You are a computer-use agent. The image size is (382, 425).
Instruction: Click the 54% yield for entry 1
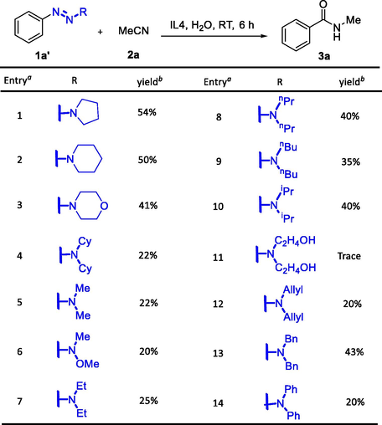pos(147,112)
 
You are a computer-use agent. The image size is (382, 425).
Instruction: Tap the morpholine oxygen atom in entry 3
pos(104,206)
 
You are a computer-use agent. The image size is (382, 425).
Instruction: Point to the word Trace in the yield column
pos(349,256)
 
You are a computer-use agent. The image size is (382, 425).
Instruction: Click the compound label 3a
pos(324,56)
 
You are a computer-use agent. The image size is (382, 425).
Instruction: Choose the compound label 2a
pos(133,54)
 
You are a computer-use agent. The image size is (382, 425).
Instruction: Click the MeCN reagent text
pos(134,31)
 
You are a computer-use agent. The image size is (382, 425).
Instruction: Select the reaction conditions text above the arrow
pos(212,25)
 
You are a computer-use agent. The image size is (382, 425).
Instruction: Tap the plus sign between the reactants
pos(100,32)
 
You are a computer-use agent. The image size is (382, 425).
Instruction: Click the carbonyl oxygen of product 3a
pos(323,4)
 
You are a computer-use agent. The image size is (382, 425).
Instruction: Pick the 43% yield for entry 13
pos(354,352)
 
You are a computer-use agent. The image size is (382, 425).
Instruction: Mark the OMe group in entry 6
pos(87,364)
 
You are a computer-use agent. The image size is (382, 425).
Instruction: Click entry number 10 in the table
pos(218,207)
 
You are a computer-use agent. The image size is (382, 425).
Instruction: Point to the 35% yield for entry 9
pos(351,161)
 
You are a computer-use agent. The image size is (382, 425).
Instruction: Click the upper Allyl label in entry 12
pos(293,290)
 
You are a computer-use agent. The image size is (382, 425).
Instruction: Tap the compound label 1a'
pos(43,56)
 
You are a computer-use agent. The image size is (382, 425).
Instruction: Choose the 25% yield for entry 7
pos(148,401)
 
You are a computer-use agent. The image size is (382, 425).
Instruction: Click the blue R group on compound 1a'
pos(83,13)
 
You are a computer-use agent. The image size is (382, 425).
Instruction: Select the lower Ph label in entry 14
pos(293,416)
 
